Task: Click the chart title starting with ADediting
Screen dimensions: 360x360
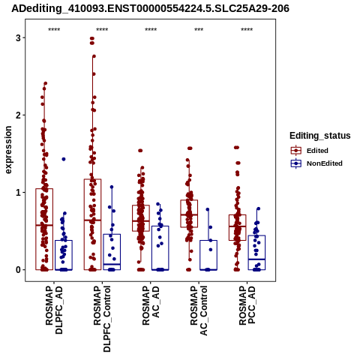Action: [x=150, y=8]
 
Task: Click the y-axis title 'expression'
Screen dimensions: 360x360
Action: [x=8, y=150]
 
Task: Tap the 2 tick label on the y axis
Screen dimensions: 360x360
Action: [x=18, y=115]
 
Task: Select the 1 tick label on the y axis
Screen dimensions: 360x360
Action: [x=18, y=192]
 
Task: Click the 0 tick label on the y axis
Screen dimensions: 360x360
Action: [x=18, y=270]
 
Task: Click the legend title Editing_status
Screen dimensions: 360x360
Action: [x=320, y=136]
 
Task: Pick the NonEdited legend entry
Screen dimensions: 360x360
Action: [x=316, y=163]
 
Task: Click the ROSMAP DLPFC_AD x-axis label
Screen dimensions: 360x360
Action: [x=54, y=310]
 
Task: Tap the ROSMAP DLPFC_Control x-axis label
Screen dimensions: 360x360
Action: [x=102, y=319]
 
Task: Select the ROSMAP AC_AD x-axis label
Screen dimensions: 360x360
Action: [x=151, y=305]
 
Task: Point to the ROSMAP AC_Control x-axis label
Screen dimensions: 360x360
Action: [x=199, y=310]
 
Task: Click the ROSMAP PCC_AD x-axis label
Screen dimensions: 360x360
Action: [x=247, y=305]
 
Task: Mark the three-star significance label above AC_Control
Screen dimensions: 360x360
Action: [x=199, y=30]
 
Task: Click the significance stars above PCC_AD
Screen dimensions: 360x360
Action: [x=247, y=30]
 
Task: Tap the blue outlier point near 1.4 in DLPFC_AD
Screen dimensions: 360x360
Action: [x=64, y=159]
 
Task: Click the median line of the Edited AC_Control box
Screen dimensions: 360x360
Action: [x=189, y=214]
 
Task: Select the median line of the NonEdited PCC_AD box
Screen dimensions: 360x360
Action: [x=256, y=259]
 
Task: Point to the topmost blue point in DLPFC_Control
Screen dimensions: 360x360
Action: [x=112, y=187]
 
